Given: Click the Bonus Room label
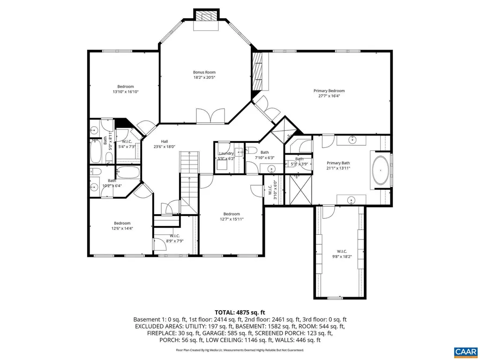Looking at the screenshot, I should (x=204, y=72).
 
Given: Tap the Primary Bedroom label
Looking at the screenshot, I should (x=329, y=91).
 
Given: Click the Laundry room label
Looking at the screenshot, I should (x=226, y=153).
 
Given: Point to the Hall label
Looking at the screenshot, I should (x=165, y=142).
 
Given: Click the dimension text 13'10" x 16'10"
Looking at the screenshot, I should (x=126, y=92).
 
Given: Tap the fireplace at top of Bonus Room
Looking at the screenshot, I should (x=207, y=16).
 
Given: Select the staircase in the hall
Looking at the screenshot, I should (x=188, y=178).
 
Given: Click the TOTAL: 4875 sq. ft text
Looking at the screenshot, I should (x=240, y=312).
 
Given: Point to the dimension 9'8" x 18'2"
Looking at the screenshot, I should (x=341, y=256).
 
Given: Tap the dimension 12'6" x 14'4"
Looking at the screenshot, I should (x=122, y=229).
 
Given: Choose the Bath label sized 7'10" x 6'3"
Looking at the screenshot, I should (x=265, y=152).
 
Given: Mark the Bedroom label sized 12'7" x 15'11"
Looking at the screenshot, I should (x=232, y=214).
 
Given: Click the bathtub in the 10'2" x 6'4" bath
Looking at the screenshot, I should (x=127, y=172).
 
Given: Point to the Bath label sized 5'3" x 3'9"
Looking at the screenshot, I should (x=299, y=159).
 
